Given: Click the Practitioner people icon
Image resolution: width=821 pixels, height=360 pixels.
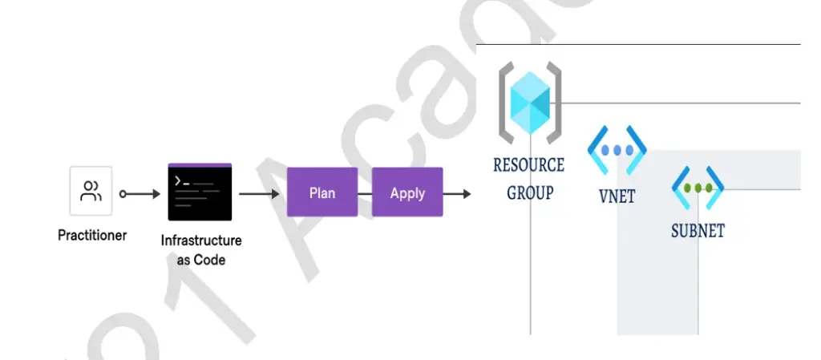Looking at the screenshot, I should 91,192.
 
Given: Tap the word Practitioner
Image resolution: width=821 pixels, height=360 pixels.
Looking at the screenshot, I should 92,236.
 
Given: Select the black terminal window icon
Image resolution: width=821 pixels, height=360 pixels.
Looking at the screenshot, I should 200,192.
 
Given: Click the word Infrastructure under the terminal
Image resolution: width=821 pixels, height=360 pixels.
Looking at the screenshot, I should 201,241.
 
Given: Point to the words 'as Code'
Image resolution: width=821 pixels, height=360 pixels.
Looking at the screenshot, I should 201,260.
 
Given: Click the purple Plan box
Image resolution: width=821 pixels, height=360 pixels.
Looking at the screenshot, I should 322,192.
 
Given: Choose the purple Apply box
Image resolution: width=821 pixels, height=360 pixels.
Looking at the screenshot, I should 407,192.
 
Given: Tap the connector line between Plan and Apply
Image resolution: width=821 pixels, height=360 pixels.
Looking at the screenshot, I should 365,193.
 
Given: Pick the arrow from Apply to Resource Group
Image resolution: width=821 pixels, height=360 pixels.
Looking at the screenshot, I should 457,193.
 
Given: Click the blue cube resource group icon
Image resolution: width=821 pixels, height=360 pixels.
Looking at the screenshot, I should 530,103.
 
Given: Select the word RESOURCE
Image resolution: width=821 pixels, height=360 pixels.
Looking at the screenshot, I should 528,165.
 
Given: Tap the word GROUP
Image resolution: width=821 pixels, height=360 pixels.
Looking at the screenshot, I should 529,192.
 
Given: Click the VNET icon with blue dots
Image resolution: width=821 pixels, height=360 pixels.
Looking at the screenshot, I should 617,150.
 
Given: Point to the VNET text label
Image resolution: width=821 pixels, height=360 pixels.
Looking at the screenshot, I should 617,196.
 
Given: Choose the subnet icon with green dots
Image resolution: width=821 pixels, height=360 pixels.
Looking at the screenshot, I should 698,188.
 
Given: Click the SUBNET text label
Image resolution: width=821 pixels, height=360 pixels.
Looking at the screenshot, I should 698,231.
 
